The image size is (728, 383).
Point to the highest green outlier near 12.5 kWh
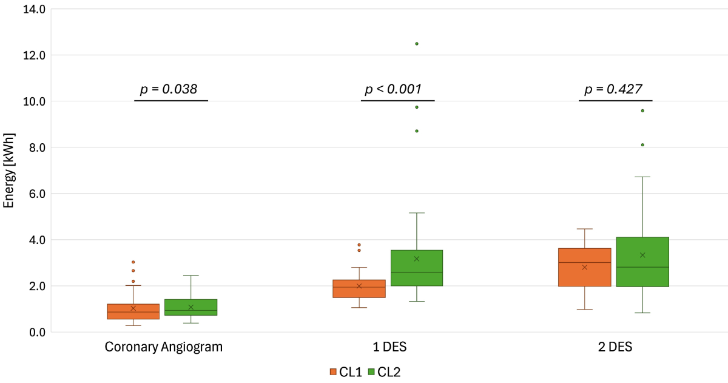click(417, 44)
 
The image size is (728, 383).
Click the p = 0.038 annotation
click(169, 89)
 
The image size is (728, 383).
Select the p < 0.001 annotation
click(393, 89)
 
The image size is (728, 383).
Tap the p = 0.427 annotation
click(613, 89)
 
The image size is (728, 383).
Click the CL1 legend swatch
click(333, 372)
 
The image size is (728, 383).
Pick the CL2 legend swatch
click(371, 372)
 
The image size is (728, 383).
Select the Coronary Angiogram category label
click(164, 348)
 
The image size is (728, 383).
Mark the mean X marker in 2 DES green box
click(642, 255)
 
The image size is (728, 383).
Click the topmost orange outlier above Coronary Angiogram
click(133, 262)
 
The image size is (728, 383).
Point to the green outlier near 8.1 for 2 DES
click(642, 144)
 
